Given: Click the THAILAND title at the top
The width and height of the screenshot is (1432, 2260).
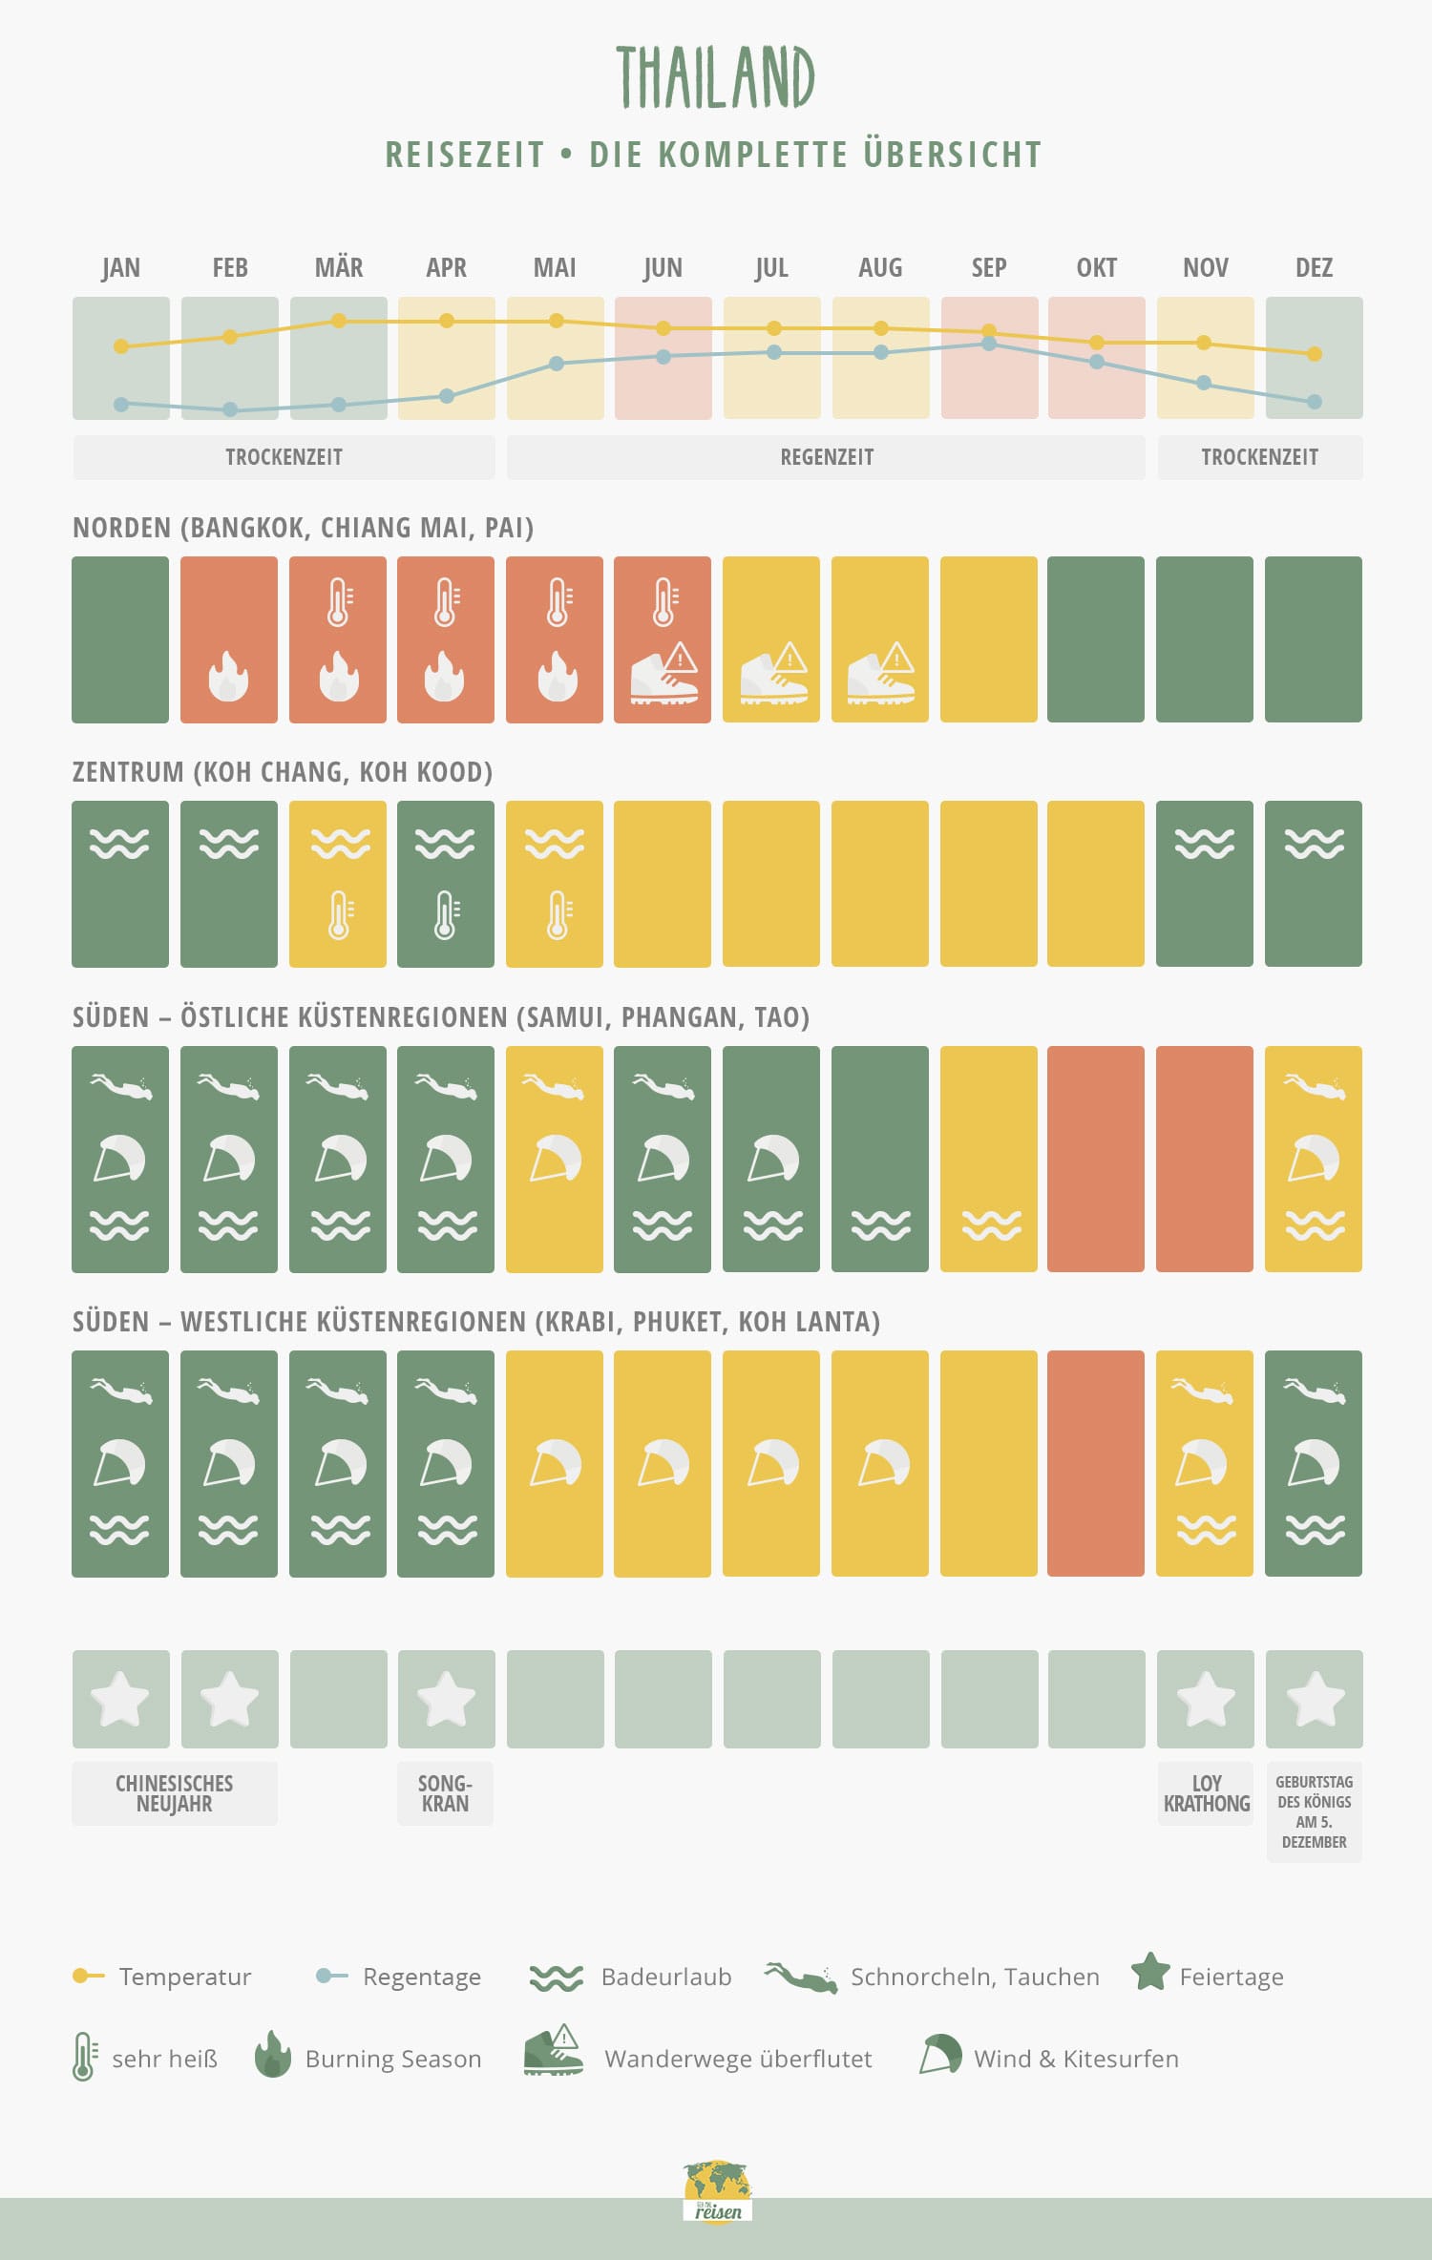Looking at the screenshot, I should point(715,77).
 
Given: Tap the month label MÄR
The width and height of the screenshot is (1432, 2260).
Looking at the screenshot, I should point(339,268).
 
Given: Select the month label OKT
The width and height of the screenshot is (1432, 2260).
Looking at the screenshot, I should point(1096,268).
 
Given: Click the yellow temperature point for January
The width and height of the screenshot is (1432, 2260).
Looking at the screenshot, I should point(121,346).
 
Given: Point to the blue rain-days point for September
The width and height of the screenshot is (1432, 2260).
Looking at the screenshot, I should point(989,344).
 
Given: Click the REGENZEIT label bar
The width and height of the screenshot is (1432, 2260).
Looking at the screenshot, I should point(826,457).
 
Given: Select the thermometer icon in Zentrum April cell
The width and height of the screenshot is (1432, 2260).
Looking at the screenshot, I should point(446,915).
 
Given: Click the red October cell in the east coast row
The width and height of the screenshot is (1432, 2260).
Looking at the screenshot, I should point(1096,1159).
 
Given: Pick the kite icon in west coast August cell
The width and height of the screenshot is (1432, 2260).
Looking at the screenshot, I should point(883,1463).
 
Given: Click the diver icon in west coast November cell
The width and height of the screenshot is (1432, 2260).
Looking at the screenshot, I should point(1204,1391).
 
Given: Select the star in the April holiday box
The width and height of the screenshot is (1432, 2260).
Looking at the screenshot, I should point(446,1699).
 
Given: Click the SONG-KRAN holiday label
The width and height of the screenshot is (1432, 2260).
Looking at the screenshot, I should point(445,1793).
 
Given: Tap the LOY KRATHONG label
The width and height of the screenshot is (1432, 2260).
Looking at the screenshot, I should point(1206,1793).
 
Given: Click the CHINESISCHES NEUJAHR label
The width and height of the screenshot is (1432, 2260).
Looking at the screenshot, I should point(174,1793).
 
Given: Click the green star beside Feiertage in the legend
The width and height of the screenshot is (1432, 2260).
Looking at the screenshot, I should point(1150,1972).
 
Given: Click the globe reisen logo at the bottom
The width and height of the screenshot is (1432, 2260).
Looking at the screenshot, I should point(718,2190).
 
